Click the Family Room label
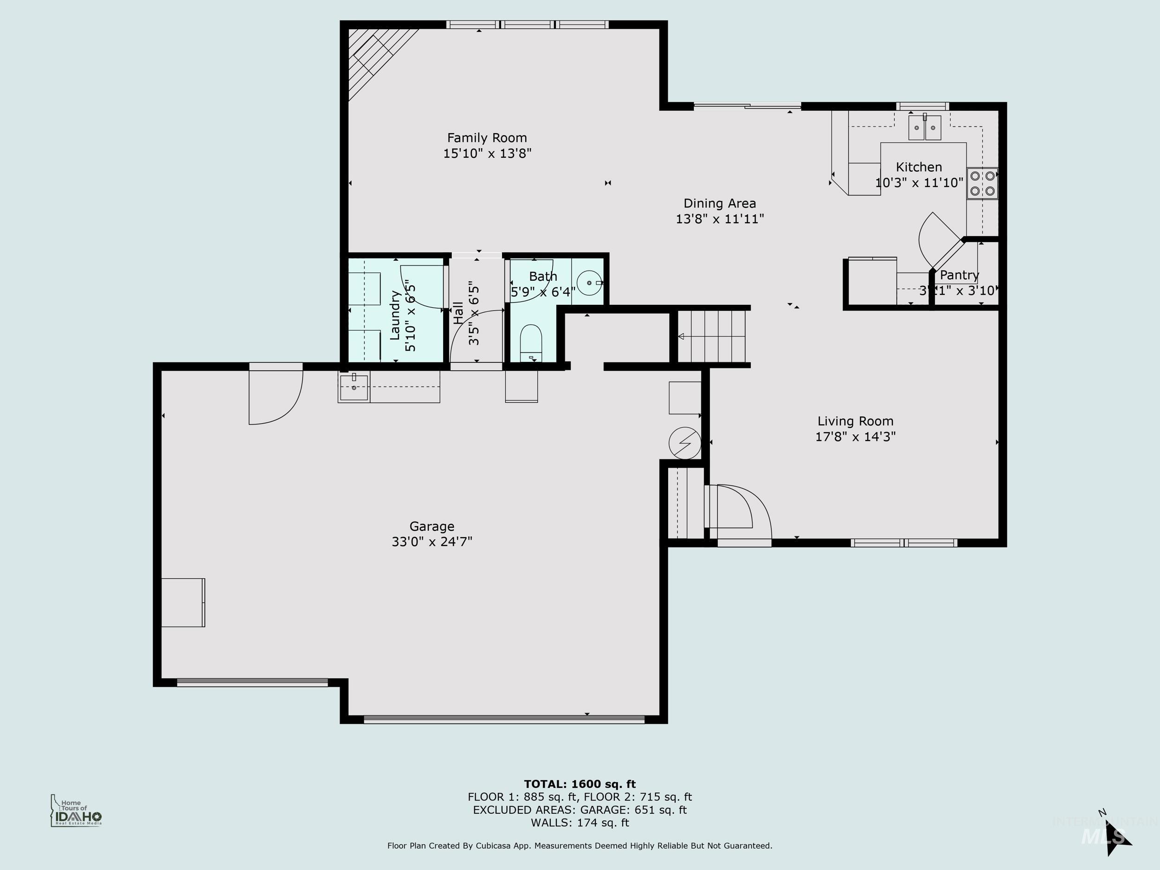(487, 138)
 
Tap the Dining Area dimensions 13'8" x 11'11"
(720, 219)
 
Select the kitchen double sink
(925, 128)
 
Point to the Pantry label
(959, 275)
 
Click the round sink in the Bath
(589, 283)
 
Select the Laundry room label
(395, 315)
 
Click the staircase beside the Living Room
(712, 336)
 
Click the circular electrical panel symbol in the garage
(684, 443)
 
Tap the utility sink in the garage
(354, 387)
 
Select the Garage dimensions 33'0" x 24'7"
(432, 541)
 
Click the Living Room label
(855, 421)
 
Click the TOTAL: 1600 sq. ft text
(580, 784)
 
